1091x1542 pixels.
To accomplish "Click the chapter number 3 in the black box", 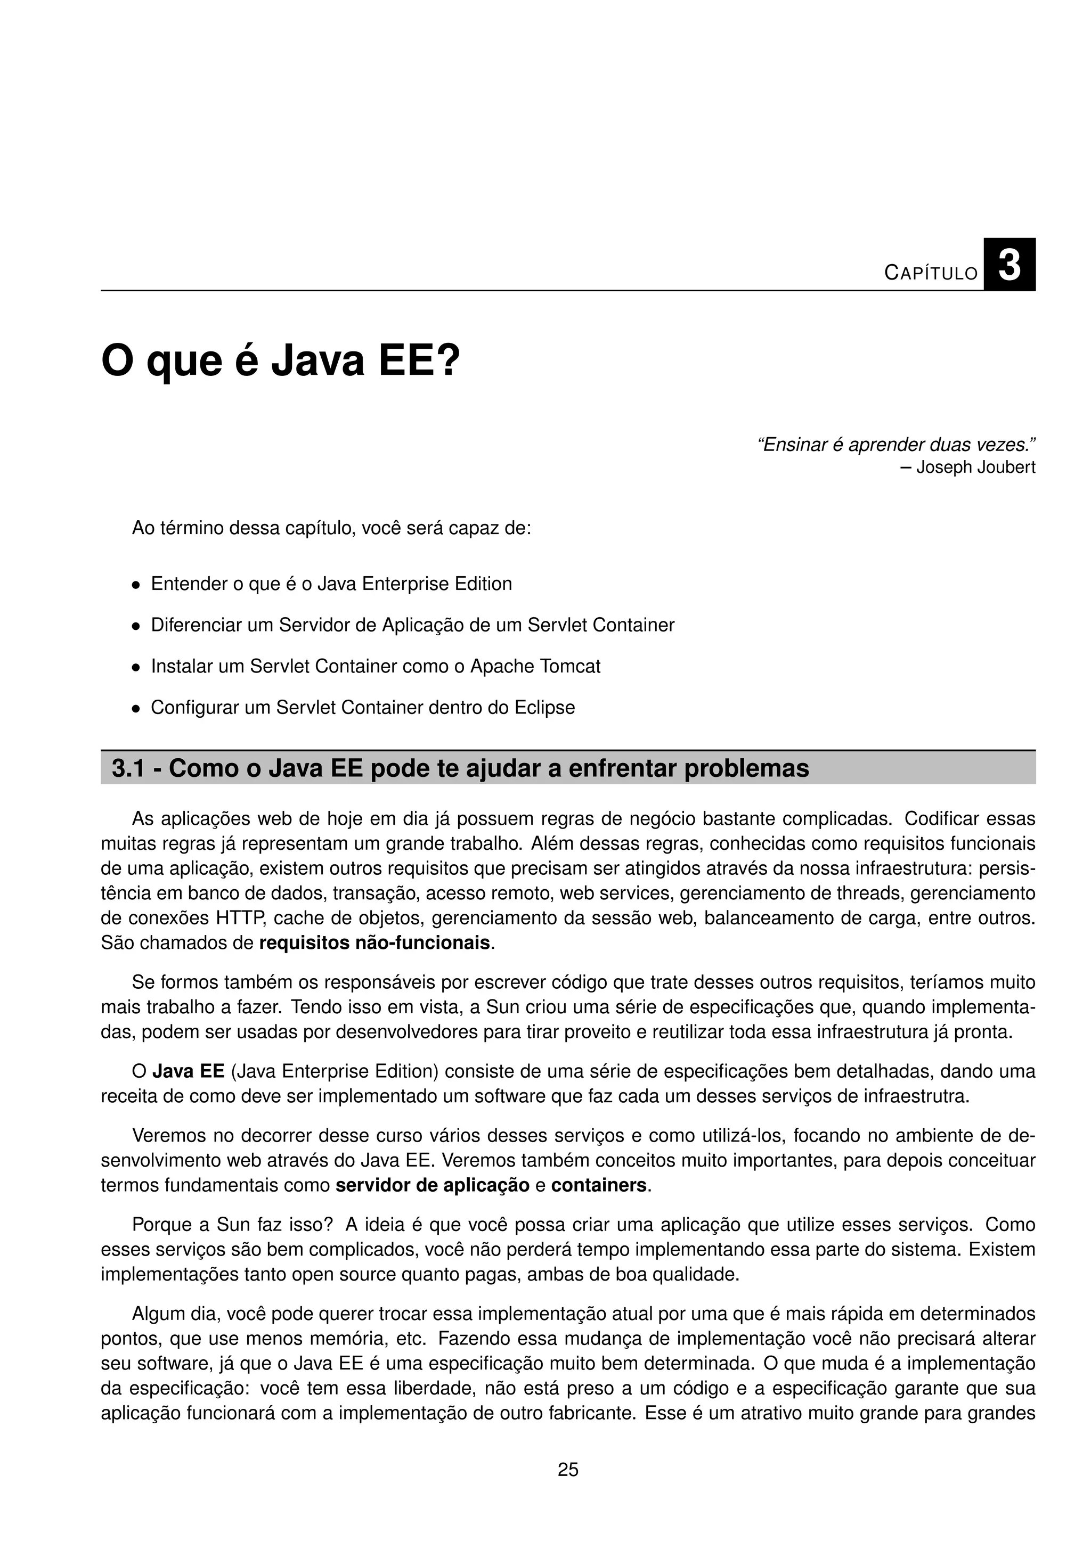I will click(x=1009, y=265).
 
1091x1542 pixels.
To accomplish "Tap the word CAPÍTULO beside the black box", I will click(x=931, y=273).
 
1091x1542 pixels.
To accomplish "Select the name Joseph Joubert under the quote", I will click(x=975, y=467).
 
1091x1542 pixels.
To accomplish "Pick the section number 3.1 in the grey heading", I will click(x=128, y=768).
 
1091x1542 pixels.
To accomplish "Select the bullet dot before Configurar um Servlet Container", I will click(x=136, y=709).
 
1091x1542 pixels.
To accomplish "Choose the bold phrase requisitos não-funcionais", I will click(x=374, y=943).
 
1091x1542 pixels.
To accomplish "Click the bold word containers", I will click(x=599, y=1185).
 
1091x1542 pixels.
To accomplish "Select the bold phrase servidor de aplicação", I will click(x=433, y=1185).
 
